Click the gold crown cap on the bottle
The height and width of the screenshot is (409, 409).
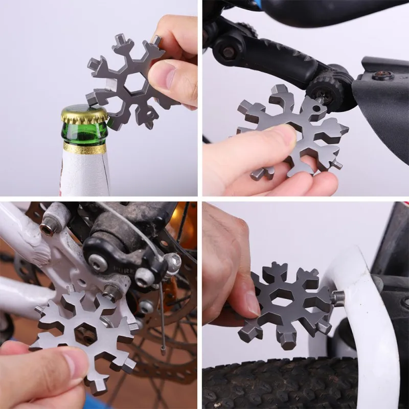click(84, 113)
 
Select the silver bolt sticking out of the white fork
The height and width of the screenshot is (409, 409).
click(337, 298)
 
